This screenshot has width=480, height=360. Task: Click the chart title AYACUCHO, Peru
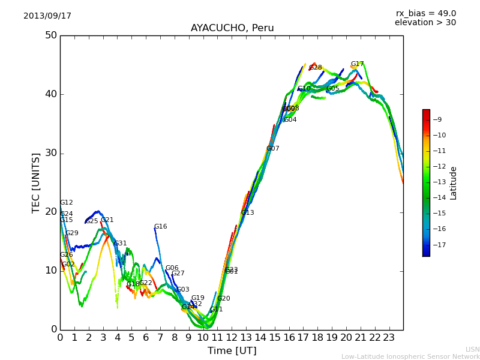pos(232,28)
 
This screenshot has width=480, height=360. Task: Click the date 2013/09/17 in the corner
pos(47,16)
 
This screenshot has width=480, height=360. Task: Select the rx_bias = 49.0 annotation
pos(426,13)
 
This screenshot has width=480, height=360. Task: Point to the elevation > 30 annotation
pos(425,23)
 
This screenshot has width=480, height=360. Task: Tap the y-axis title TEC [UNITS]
pos(37,182)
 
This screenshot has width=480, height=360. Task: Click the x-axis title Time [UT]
pos(232,351)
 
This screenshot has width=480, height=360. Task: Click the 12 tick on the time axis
pos(232,337)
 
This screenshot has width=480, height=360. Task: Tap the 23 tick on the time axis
pos(389,337)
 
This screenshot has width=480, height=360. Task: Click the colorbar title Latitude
pos(454,183)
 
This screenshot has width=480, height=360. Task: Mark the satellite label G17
pos(358,64)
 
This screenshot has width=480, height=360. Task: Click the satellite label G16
pos(161,227)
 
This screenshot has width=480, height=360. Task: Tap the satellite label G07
pos(273,149)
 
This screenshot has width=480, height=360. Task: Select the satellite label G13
pos(248,213)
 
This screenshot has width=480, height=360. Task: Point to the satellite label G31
pos(121,244)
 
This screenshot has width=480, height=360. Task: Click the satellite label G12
pos(67,203)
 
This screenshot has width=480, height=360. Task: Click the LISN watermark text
pos(472,349)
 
